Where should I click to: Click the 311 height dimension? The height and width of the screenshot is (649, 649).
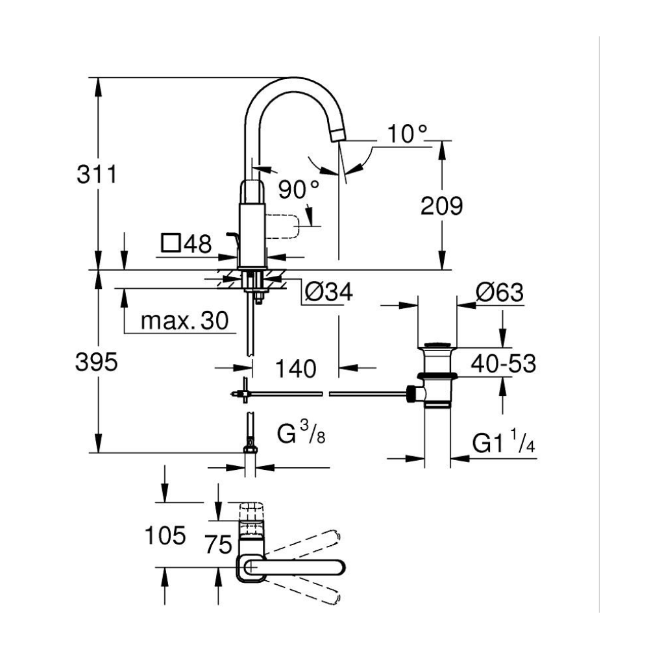tap(97, 175)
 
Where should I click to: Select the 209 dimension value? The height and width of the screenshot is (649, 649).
tap(441, 206)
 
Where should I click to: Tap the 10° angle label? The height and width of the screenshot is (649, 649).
tap(409, 134)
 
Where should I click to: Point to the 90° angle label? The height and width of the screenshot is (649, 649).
tap(299, 189)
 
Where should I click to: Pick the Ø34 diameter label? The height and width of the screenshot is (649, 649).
tap(328, 293)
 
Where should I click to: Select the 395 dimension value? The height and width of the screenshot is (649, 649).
tap(97, 363)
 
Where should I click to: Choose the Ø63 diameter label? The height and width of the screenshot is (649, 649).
tap(499, 293)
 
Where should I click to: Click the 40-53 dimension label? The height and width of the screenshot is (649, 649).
tap(504, 364)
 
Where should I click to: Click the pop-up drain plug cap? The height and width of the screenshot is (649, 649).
tap(437, 344)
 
